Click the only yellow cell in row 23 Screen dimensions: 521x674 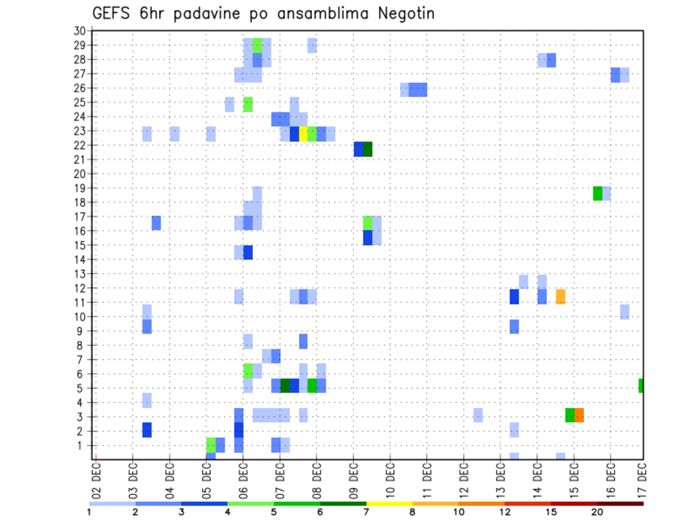[x=303, y=134]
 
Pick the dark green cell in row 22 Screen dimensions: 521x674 [x=367, y=149]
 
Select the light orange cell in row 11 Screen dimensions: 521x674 [x=560, y=296]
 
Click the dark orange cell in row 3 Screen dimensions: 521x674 [x=579, y=415]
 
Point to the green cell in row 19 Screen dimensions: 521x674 [x=597, y=193]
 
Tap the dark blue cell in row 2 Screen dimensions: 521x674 [x=147, y=430]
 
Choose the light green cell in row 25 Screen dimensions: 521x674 [x=248, y=105]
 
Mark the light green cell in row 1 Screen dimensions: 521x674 [x=211, y=444]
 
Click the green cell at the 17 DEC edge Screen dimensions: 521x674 [x=641, y=385]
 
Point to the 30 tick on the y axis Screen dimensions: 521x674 [x=79, y=31]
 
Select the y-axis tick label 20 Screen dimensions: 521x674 [x=79, y=173]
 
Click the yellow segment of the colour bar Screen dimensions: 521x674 [x=390, y=503]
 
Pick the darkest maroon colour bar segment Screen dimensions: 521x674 [x=620, y=503]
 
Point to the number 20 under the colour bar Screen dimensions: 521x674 [x=597, y=513]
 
